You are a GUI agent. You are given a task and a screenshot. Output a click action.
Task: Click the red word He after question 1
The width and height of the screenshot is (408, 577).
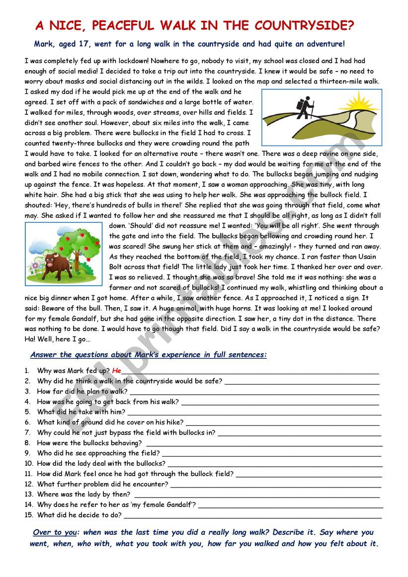[117, 371]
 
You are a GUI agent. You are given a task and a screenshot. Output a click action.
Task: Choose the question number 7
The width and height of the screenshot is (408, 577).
[27, 432]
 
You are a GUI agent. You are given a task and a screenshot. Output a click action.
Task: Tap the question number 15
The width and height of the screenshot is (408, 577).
[28, 515]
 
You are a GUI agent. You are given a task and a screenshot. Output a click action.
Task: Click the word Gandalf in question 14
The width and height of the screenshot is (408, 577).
[179, 504]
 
